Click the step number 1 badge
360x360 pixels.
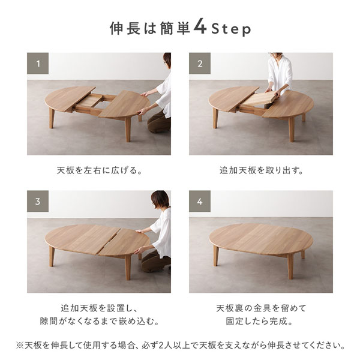tap(38, 64)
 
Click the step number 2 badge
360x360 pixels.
tap(200, 64)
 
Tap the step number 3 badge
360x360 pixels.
tap(38, 201)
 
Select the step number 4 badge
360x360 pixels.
tap(200, 201)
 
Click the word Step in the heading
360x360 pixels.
tap(231, 29)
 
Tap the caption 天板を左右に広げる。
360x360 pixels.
tap(100, 170)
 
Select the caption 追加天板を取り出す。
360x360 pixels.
tap(261, 170)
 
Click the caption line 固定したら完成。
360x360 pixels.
tap(259, 321)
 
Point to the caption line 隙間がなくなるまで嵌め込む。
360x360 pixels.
tap(100, 321)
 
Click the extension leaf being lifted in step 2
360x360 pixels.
tap(259, 98)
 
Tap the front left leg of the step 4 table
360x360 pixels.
tap(215, 255)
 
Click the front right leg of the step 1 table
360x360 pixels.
tap(128, 129)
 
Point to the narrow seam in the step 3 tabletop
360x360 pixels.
tap(109, 241)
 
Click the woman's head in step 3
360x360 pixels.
tap(160, 199)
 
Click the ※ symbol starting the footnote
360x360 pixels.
tap(20, 346)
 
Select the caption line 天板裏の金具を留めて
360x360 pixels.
tap(261, 308)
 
